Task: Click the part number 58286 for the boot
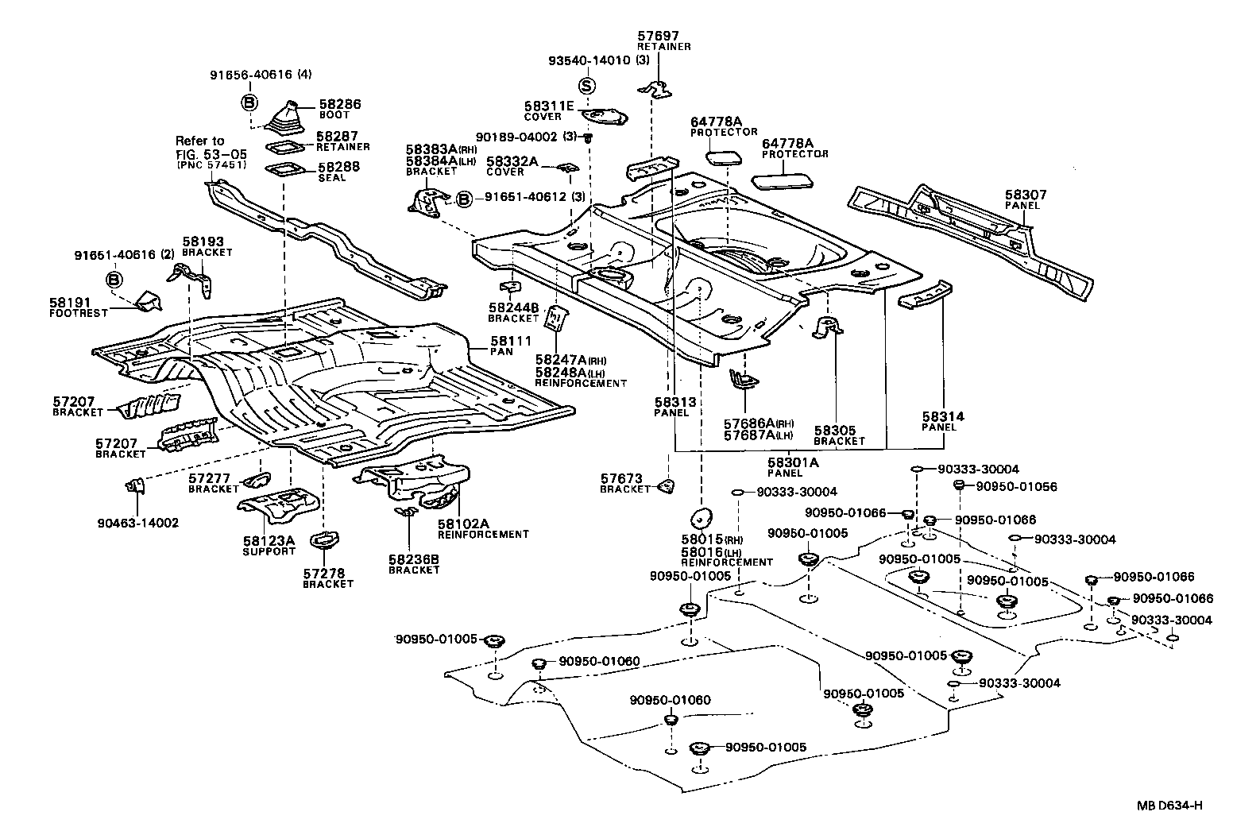pyautogui.click(x=340, y=103)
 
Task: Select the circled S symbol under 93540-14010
pyautogui.click(x=586, y=86)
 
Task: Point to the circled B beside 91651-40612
pyautogui.click(x=465, y=197)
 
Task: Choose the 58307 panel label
pyautogui.click(x=1026, y=195)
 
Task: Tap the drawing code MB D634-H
pyautogui.click(x=1169, y=806)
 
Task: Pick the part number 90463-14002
pyautogui.click(x=138, y=523)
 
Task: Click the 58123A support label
pyautogui.click(x=269, y=540)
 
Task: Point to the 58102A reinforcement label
pyautogui.click(x=462, y=524)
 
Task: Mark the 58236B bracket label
pyautogui.click(x=413, y=559)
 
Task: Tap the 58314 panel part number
pyautogui.click(x=944, y=416)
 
